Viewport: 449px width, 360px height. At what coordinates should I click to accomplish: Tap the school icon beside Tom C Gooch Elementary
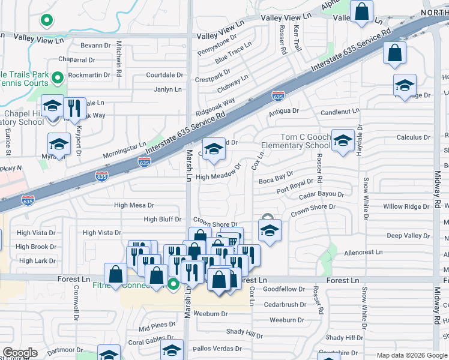coord(343,141)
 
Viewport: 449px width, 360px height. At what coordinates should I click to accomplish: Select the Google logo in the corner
coord(20,353)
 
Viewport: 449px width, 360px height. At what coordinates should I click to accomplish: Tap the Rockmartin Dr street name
coord(89,75)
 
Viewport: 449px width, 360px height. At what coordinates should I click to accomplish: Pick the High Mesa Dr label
coord(134,205)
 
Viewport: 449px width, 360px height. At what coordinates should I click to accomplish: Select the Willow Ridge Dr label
coord(406,206)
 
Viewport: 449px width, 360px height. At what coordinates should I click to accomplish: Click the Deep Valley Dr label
coord(406,236)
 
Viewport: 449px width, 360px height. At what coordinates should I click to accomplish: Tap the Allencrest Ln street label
coord(363,253)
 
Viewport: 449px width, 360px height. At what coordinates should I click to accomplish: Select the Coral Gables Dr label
coord(150,343)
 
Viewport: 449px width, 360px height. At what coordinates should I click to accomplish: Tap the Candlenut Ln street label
coord(340,111)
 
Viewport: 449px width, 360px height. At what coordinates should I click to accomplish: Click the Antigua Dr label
coord(283,111)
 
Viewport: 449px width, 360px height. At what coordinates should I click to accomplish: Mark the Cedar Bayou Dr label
coord(321,194)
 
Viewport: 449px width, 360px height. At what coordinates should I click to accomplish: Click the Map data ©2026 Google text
coord(411,355)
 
